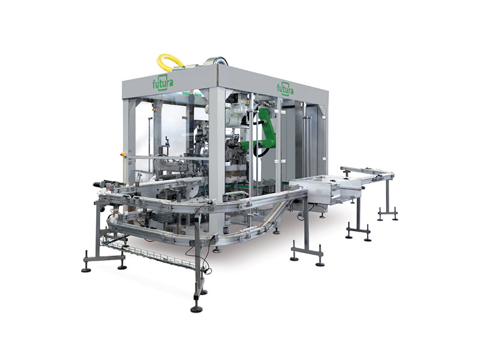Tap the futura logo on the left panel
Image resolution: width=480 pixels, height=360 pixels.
tap(163, 82)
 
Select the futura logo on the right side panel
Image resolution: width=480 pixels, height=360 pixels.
tap(286, 88)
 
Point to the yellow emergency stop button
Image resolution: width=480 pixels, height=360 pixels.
tap(125, 153)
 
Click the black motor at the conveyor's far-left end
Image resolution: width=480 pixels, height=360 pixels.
tap(98, 184)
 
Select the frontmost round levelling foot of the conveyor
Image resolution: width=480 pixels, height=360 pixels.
tap(196, 310)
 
